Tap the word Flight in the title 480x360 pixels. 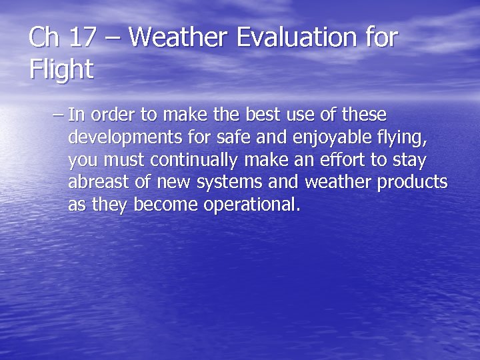[x=61, y=69]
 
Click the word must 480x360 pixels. [x=126, y=161]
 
